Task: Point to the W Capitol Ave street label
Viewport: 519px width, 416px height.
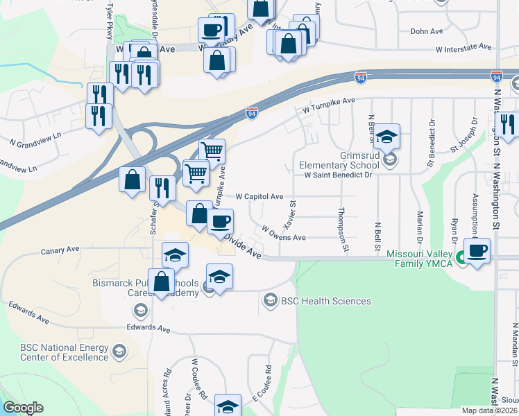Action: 259,196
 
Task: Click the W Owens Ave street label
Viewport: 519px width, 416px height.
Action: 284,233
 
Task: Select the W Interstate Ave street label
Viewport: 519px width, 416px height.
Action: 463,49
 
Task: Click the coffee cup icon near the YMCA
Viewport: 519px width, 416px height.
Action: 477,250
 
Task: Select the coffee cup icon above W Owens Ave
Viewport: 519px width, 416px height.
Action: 221,221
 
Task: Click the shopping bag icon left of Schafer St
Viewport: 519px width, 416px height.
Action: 133,180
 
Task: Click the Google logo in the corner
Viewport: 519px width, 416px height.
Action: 23,408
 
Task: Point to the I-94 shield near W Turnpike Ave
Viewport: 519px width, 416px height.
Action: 252,112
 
